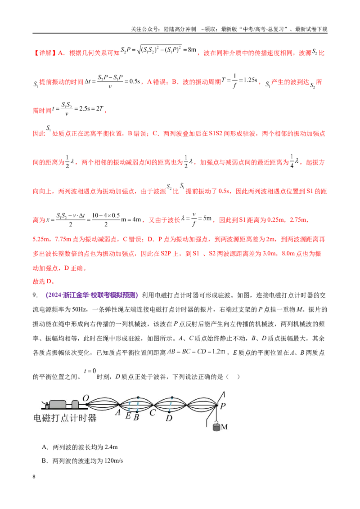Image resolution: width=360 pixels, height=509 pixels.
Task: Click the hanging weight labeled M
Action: click(216, 426)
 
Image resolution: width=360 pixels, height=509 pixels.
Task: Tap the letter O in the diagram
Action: click(86, 398)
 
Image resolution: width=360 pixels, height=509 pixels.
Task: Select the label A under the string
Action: click(117, 413)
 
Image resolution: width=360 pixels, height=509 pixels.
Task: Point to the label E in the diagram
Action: click(128, 416)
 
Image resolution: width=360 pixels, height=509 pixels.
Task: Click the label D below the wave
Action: click(169, 418)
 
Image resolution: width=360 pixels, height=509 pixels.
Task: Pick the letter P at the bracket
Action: click(223, 406)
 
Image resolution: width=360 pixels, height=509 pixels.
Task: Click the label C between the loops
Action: click(153, 413)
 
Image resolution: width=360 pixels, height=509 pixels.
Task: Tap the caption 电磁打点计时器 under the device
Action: click(65, 418)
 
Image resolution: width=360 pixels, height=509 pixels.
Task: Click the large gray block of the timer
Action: click(58, 404)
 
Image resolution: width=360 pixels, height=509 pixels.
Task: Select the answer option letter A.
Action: click(45, 447)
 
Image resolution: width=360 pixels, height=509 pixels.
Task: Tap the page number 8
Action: click(34, 477)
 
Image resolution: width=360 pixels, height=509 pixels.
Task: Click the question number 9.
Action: click(35, 295)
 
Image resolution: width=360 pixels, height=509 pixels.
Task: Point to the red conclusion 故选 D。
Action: click(44, 281)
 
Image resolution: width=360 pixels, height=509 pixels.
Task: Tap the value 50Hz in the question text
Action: click(79, 309)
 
